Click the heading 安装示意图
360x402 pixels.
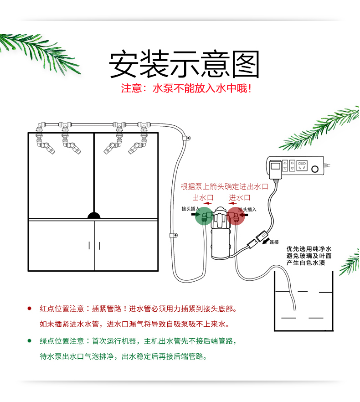(x=184, y=65)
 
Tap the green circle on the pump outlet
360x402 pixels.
(x=204, y=216)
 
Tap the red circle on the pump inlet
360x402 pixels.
(x=236, y=216)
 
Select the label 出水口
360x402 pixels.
(x=203, y=197)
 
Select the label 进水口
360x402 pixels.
(x=240, y=197)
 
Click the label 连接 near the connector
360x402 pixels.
(x=274, y=242)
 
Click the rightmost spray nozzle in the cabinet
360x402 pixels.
(x=136, y=147)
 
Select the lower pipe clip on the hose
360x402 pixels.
(x=173, y=236)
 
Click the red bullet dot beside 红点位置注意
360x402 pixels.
(x=30, y=309)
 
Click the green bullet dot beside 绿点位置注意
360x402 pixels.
(x=30, y=340)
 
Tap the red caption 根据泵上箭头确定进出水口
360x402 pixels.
(x=224, y=186)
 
